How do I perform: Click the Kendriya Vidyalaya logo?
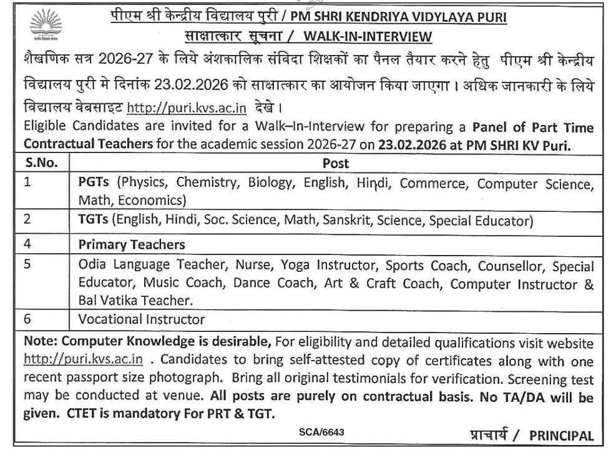pos(42,27)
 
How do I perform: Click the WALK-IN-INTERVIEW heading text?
pos(368,37)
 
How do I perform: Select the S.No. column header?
pos(42,164)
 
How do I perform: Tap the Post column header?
pos(335,164)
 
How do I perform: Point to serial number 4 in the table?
pos(27,244)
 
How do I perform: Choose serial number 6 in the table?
pos(27,319)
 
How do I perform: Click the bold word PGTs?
pos(94,183)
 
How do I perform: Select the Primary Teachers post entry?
pos(132,244)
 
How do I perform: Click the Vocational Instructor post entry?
pos(142,319)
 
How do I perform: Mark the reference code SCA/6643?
pos(321,432)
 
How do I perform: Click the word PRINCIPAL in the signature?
pos(561,435)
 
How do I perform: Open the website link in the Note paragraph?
pos(84,360)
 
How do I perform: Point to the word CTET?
pos(176,413)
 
